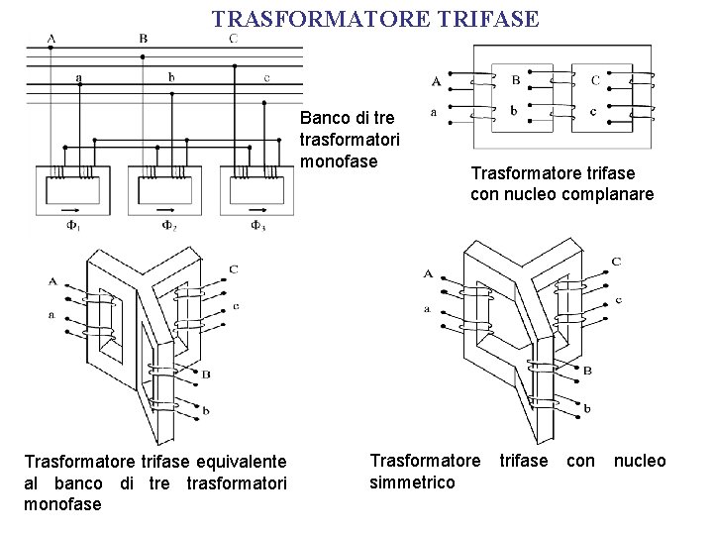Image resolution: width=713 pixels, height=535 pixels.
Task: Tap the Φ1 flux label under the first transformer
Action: (72, 225)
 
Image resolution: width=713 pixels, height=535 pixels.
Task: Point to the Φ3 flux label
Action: (257, 225)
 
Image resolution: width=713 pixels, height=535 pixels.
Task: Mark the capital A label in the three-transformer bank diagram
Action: (51, 39)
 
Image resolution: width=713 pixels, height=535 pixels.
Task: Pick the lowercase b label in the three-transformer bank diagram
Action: (171, 77)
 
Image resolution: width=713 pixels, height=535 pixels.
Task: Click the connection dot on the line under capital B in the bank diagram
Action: (145, 56)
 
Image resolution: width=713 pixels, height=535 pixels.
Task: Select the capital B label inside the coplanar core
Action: (515, 80)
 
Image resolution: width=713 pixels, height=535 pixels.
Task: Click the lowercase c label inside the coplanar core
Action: (592, 111)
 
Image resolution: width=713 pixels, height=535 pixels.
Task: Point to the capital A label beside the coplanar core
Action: (436, 81)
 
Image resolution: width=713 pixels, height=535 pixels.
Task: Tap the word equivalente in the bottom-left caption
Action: (243, 461)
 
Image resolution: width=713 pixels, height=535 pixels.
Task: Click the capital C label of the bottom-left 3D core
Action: (233, 269)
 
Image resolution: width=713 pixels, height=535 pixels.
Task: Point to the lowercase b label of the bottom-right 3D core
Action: (588, 408)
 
